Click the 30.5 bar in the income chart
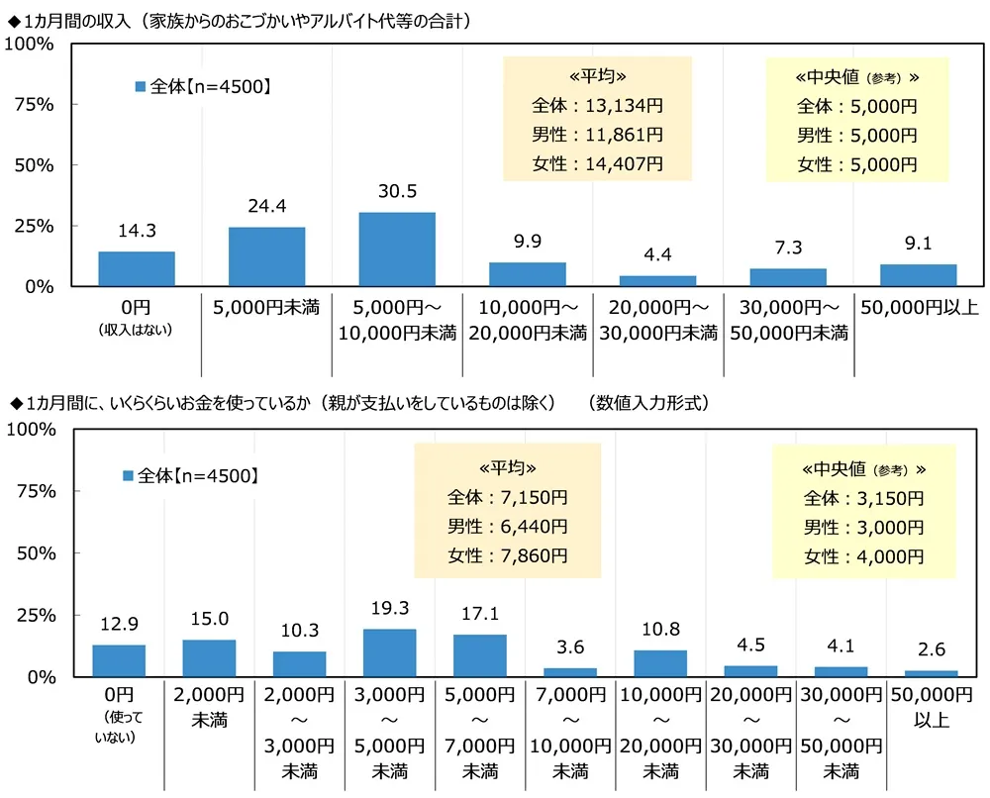pyautogui.click(x=396, y=249)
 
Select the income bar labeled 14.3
pyautogui.click(x=137, y=269)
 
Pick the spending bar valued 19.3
pyautogui.click(x=390, y=652)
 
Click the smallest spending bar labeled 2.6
pyautogui.click(x=932, y=673)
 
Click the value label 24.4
pyautogui.click(x=267, y=208)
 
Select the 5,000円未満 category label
pyautogui.click(x=266, y=307)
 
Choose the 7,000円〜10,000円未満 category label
pyautogui.click(x=570, y=733)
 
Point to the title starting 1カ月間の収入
pyautogui.click(x=238, y=19)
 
